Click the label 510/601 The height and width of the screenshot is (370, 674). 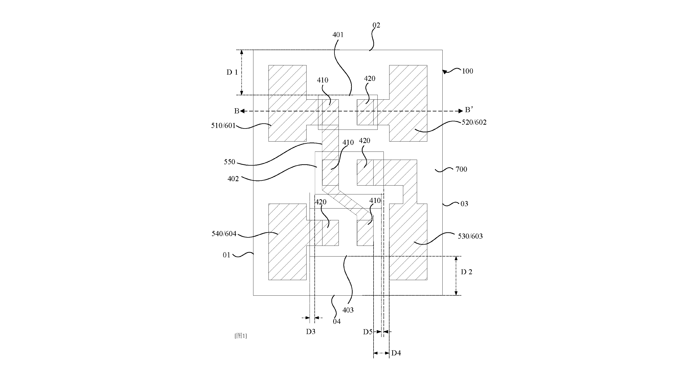coord(223,126)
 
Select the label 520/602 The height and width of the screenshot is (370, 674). coord(474,122)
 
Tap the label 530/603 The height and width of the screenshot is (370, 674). coord(470,236)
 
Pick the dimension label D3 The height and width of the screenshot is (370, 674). coord(311,332)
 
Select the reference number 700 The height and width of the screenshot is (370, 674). coord(461,169)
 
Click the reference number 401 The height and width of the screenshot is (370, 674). coord(338,35)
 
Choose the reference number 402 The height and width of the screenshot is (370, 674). coord(233,179)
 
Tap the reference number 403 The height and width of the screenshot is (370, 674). coord(348,310)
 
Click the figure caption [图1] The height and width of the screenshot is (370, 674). coord(240,336)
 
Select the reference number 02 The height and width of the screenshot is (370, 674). coord(376,25)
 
